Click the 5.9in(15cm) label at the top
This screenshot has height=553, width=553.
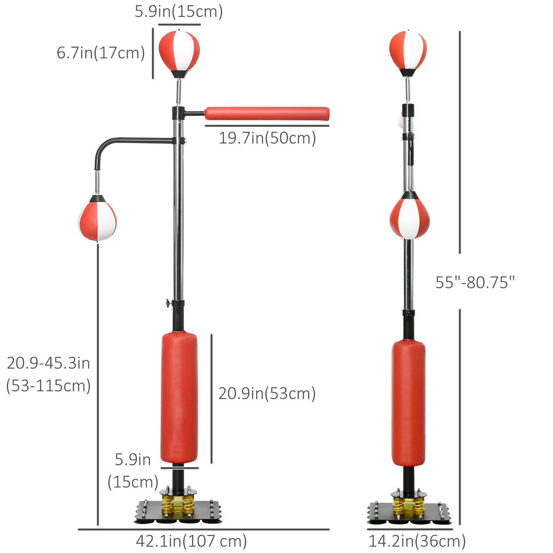tap(179, 12)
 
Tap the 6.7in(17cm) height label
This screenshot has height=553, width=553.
tap(101, 53)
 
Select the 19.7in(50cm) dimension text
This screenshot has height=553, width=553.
tap(267, 138)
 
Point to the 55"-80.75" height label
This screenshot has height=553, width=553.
tap(475, 282)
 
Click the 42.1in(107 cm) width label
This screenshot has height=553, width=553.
tap(192, 540)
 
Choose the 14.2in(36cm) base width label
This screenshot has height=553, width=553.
tap(417, 540)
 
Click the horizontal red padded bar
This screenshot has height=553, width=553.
tap(267, 114)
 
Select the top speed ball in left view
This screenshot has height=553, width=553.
tap(179, 51)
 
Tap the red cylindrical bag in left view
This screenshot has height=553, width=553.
tap(179, 397)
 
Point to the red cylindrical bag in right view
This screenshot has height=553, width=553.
tap(408, 403)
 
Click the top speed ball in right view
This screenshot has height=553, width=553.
tap(408, 50)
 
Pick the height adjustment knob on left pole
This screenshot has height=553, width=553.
tap(167, 304)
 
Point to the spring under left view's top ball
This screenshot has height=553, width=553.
tap(178, 92)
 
